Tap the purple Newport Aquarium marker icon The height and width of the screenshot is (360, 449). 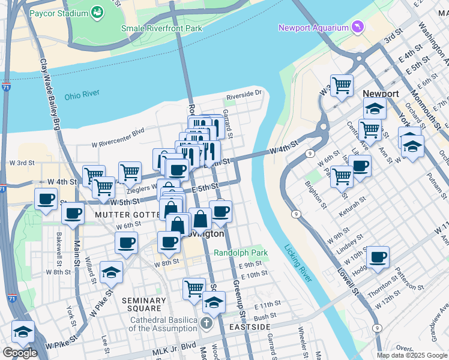point(359,28)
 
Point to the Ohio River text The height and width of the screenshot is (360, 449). point(82,95)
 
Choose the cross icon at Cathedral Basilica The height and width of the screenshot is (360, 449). point(206,324)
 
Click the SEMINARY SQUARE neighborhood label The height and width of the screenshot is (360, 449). point(143,305)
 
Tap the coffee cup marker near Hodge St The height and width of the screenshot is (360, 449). point(378,257)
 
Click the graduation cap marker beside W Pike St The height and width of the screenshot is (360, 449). point(111,272)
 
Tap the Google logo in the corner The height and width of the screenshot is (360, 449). point(20,353)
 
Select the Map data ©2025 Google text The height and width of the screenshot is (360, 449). point(412,355)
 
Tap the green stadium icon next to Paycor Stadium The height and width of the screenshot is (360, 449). point(96,12)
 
